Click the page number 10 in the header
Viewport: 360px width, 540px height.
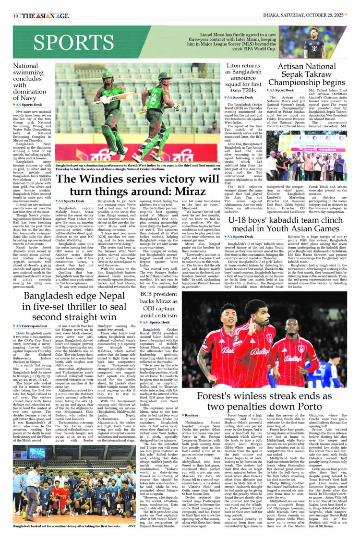coord(16,16)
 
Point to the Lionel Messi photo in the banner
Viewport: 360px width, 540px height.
coord(319,42)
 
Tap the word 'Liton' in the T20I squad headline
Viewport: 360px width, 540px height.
coord(236,66)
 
